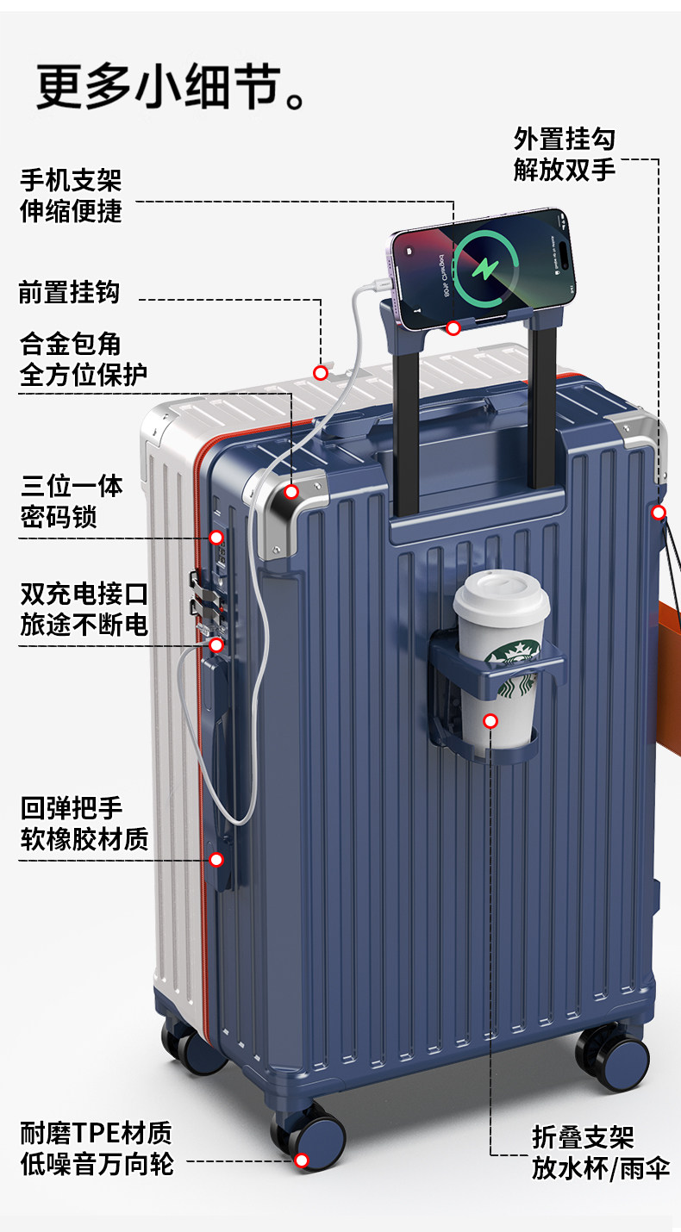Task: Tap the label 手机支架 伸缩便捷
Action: (x=71, y=196)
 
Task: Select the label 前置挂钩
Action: (x=69, y=293)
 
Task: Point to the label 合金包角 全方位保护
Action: (x=83, y=358)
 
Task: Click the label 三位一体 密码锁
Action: (x=72, y=501)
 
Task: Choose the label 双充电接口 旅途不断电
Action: (x=84, y=609)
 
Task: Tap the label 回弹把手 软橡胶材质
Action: (x=84, y=824)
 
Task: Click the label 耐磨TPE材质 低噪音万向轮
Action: (x=97, y=1148)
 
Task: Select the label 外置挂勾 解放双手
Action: (x=564, y=153)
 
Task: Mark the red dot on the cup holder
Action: (x=490, y=720)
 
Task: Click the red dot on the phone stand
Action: (x=453, y=327)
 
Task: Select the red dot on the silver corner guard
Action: (x=291, y=492)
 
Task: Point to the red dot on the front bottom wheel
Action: (x=302, y=1160)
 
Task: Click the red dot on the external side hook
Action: (x=659, y=513)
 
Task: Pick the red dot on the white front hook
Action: (x=321, y=373)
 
